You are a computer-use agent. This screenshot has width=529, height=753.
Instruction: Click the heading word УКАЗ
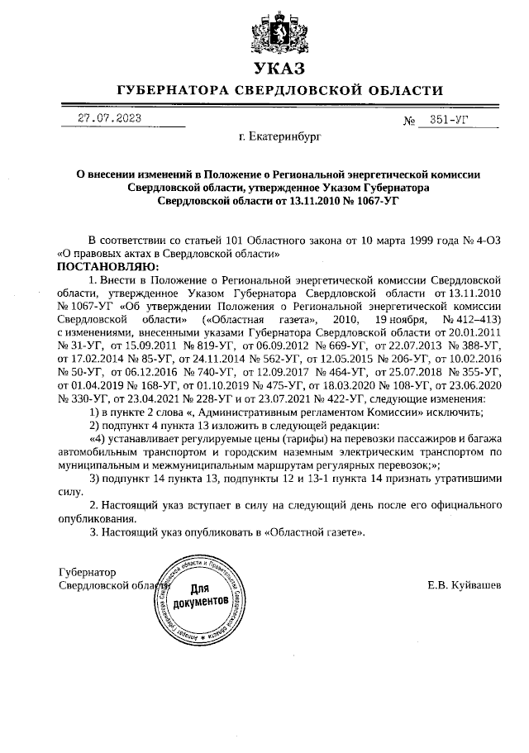[280, 69]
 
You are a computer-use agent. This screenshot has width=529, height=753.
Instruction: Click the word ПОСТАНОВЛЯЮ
[106, 266]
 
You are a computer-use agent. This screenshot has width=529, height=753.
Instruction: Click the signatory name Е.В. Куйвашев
[464, 585]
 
